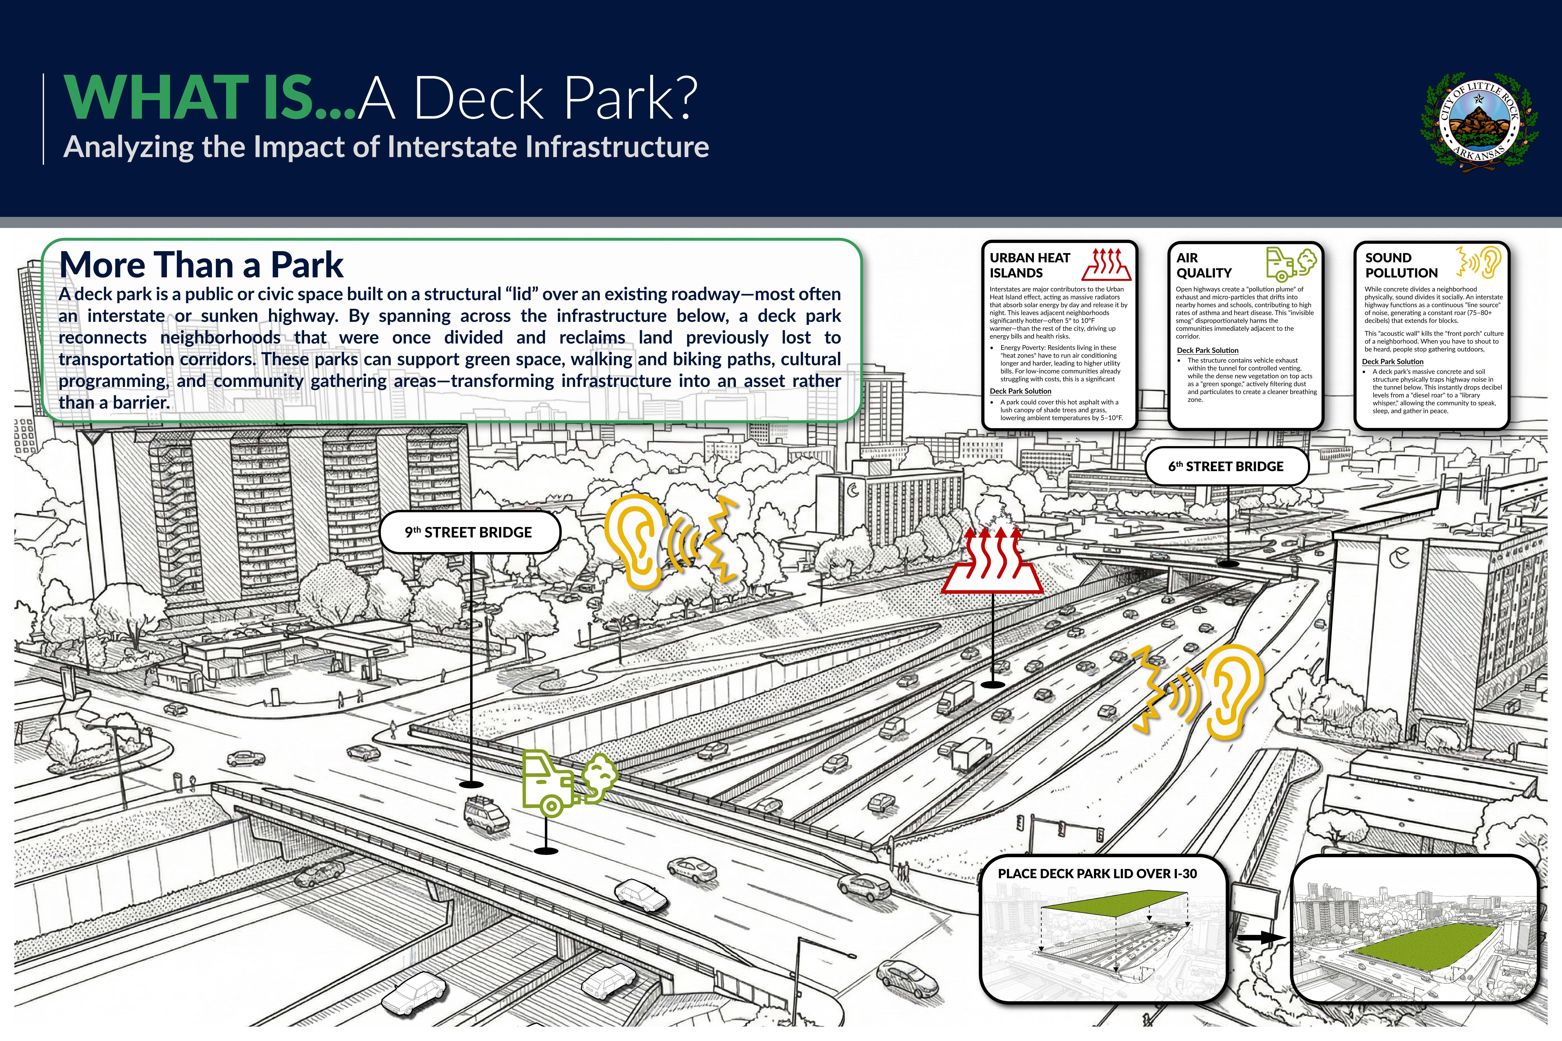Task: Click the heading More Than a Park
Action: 201,265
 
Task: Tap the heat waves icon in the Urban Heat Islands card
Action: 1106,264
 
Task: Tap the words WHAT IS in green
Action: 209,98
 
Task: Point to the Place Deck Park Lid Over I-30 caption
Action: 1097,874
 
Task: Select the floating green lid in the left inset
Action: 1114,904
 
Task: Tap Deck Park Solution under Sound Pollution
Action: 1393,362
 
